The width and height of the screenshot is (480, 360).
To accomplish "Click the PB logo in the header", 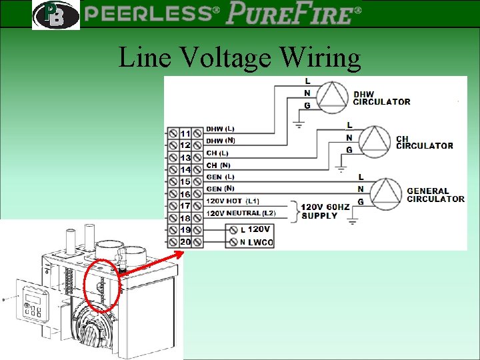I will coord(55,15).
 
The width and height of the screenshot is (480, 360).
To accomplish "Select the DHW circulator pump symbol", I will coord(331,97).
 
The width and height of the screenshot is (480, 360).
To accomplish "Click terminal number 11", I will coord(185,133).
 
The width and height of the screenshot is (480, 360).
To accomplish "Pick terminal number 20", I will coord(185,242).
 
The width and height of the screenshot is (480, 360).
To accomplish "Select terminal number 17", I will coord(185,206).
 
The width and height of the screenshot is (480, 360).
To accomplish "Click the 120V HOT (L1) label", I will coord(233,201).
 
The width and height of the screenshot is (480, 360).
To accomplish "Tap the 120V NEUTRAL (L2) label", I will coord(240,213).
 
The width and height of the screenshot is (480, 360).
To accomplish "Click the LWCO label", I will coord(261,243).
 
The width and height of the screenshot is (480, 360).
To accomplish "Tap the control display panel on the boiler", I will coord(33,301).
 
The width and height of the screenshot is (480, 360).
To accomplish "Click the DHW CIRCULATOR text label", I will coord(381,98).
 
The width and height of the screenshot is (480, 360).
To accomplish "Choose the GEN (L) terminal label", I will coord(220,177).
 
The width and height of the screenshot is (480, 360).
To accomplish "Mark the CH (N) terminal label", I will coord(218,165).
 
